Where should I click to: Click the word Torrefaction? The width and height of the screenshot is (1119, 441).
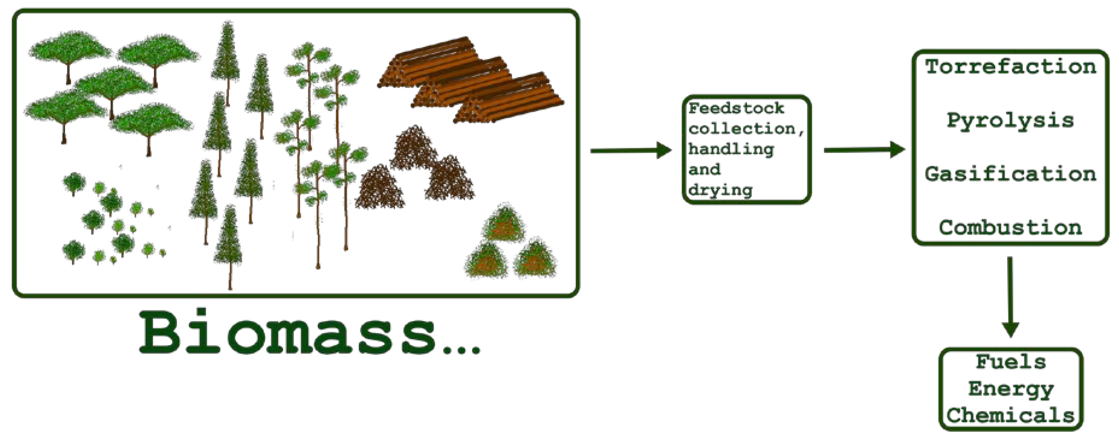point(1010,67)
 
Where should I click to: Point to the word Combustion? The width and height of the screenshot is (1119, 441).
point(1010,227)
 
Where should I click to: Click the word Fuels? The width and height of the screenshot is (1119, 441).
point(1010,361)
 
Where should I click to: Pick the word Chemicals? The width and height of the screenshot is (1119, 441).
point(1010,415)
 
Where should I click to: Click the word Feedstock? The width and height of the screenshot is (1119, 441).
point(736,108)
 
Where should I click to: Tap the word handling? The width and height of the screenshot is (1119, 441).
point(731,149)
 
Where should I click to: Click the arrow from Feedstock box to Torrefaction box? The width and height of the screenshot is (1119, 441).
point(865,150)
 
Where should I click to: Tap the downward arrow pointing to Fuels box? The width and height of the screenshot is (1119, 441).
point(1010,297)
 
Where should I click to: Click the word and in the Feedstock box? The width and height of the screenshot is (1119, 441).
point(704,169)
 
